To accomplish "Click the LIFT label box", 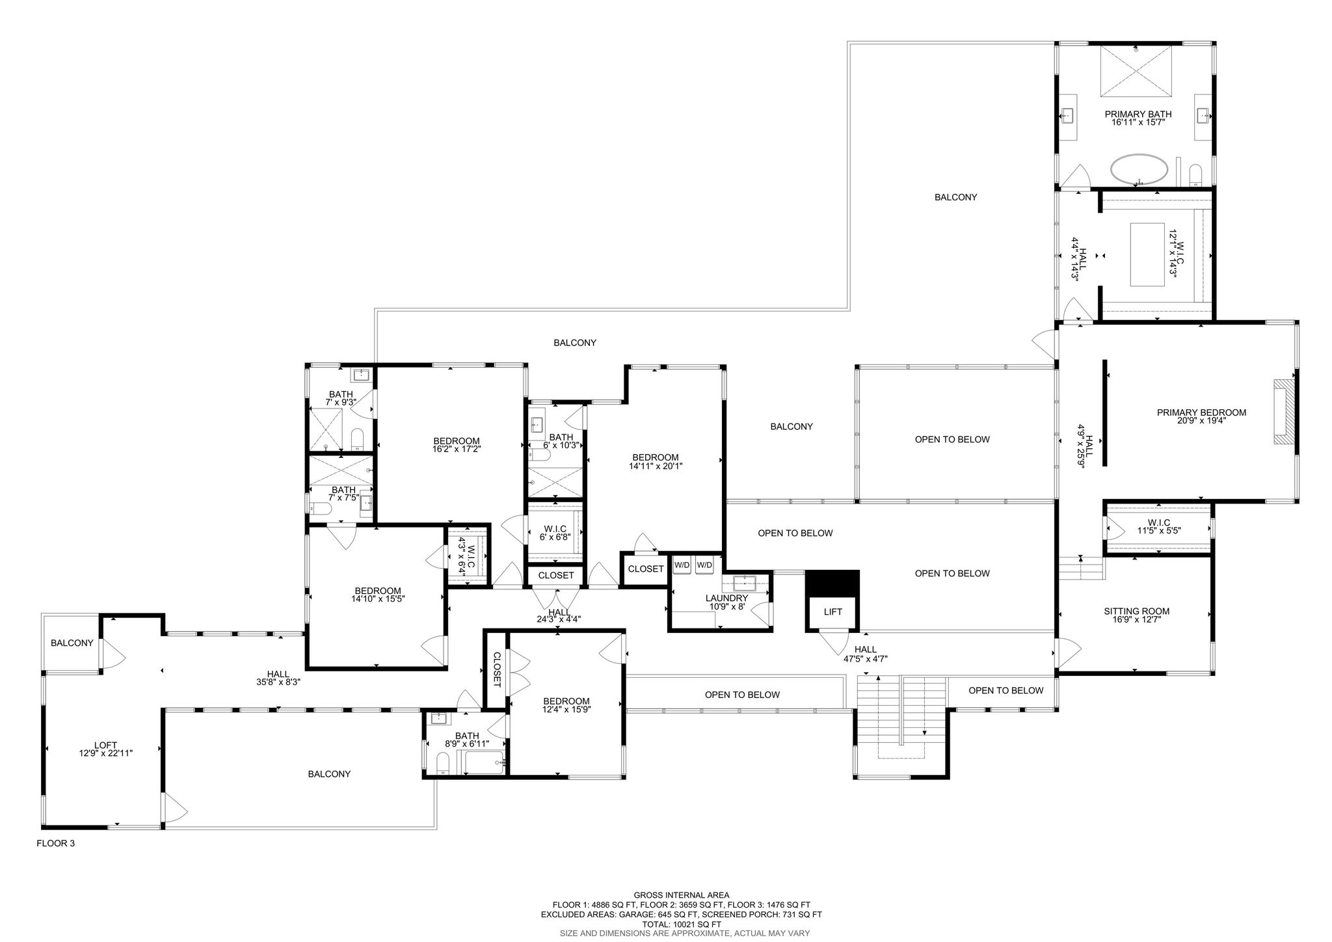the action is click(x=832, y=612).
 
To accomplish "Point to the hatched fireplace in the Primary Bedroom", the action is click(x=1281, y=412).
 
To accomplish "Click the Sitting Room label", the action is click(x=1136, y=615).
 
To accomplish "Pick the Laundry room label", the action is click(x=726, y=602).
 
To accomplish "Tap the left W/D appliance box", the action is click(x=682, y=565).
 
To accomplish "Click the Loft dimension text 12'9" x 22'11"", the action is click(x=105, y=753).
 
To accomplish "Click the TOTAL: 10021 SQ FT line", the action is click(x=681, y=924).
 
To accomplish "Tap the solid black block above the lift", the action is click(x=832, y=582).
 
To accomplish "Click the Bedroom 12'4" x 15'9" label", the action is click(x=566, y=705).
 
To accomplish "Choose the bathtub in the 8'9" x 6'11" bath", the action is click(x=482, y=762).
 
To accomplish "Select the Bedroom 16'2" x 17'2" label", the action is click(x=457, y=444).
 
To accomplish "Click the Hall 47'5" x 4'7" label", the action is click(x=865, y=654).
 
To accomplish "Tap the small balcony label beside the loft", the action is click(x=72, y=643).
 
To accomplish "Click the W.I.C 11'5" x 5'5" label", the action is click(x=1159, y=526).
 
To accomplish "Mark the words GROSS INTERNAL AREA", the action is click(x=681, y=895).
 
